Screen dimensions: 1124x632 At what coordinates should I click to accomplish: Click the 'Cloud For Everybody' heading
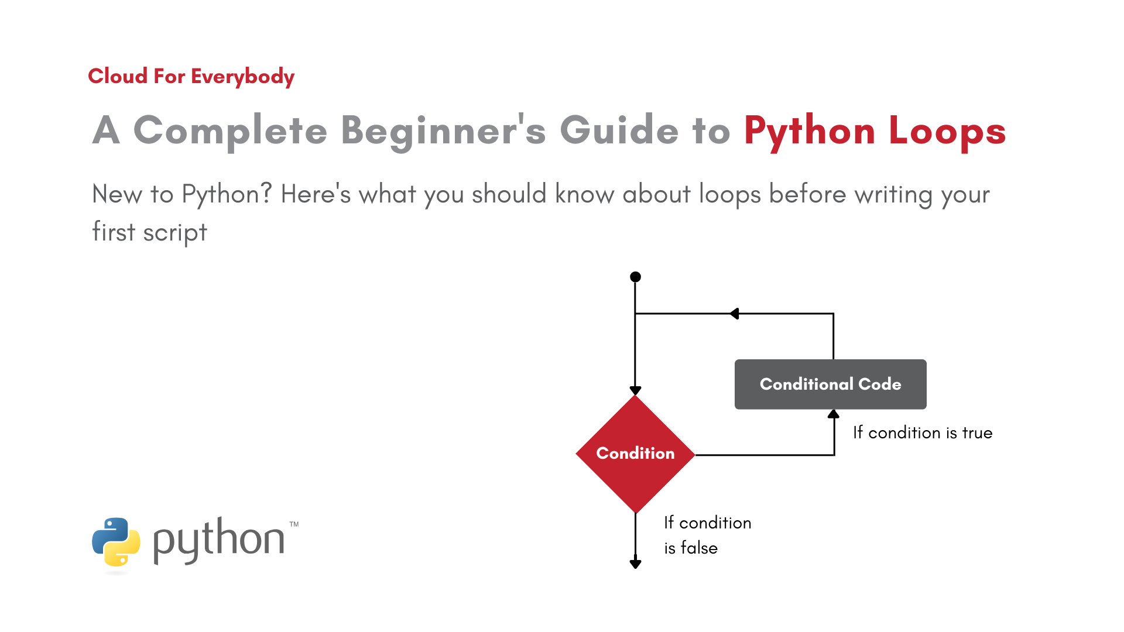(x=191, y=77)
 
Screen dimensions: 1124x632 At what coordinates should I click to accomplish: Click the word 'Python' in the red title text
(x=810, y=132)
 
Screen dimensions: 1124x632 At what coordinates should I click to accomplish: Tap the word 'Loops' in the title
(x=947, y=132)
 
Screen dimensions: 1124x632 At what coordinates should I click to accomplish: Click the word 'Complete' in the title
(x=230, y=130)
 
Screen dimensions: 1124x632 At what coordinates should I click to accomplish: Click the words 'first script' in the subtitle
(x=150, y=232)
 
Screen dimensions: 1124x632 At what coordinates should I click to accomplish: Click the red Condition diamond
(x=635, y=454)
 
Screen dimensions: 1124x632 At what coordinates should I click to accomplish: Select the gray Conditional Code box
(x=830, y=384)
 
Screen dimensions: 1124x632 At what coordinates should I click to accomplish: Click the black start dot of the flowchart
(x=635, y=277)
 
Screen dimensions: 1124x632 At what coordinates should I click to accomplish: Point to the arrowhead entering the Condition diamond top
(x=635, y=390)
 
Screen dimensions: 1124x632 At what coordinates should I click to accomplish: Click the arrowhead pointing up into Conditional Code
(x=834, y=414)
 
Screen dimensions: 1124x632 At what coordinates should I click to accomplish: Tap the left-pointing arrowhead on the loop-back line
(x=734, y=314)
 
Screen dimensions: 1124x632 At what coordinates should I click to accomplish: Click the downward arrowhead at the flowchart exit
(x=635, y=564)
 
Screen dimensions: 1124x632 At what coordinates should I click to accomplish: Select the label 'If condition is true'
(x=923, y=433)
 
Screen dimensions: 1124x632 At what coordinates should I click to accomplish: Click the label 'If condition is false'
(x=707, y=535)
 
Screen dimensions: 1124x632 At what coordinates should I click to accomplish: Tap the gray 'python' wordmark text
(x=219, y=540)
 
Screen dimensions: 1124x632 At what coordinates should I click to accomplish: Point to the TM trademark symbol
(x=294, y=524)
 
